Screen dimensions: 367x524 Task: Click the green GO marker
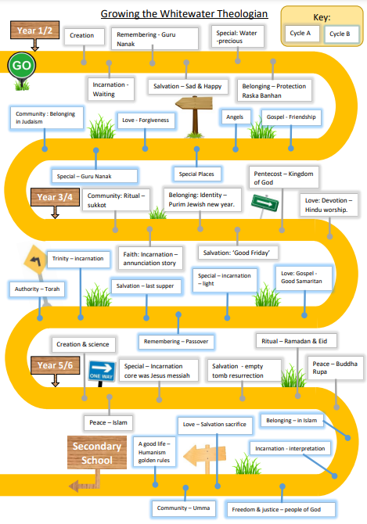coord(22,66)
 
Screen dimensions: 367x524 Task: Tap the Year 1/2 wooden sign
coord(34,31)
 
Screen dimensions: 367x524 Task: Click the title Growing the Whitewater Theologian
coord(184,14)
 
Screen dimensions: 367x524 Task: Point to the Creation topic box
coord(84,36)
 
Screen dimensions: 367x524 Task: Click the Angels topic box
coord(236,117)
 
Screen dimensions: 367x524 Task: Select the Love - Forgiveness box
coord(146,120)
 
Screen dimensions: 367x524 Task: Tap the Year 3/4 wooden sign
coord(55,197)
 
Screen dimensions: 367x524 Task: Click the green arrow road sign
coord(265,203)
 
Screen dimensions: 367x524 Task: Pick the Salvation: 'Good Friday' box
coord(237,253)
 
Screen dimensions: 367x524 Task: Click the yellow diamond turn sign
coord(34,260)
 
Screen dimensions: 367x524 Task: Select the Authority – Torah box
coord(37,289)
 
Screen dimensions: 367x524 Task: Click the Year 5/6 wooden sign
coord(55,365)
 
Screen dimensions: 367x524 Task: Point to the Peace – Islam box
coord(108,423)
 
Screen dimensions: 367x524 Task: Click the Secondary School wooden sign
coord(97,453)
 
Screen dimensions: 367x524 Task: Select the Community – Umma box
coord(183,508)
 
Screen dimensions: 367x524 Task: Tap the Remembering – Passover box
coord(176,342)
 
